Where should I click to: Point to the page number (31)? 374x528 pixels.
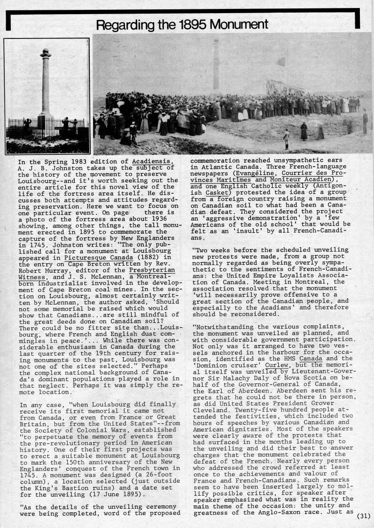click(x=364, y=516)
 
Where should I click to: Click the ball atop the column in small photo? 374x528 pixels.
click(x=45, y=51)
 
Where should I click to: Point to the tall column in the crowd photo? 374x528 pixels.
click(x=216, y=66)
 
